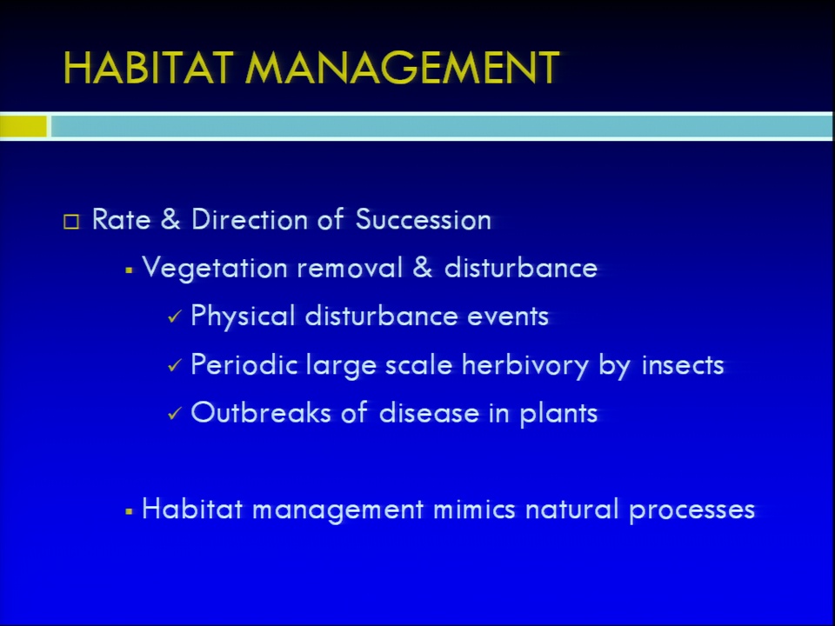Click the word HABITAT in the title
148,68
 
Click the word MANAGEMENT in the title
402,68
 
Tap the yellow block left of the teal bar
23,127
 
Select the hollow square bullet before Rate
71,222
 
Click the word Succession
423,219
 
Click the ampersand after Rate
170,219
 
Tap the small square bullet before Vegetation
129,270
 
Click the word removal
350,267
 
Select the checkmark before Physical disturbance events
175,317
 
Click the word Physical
243,316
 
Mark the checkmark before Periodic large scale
175,366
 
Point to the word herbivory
525,365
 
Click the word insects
683,364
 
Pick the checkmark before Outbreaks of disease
175,414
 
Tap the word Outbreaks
261,412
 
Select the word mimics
474,509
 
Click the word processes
691,510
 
